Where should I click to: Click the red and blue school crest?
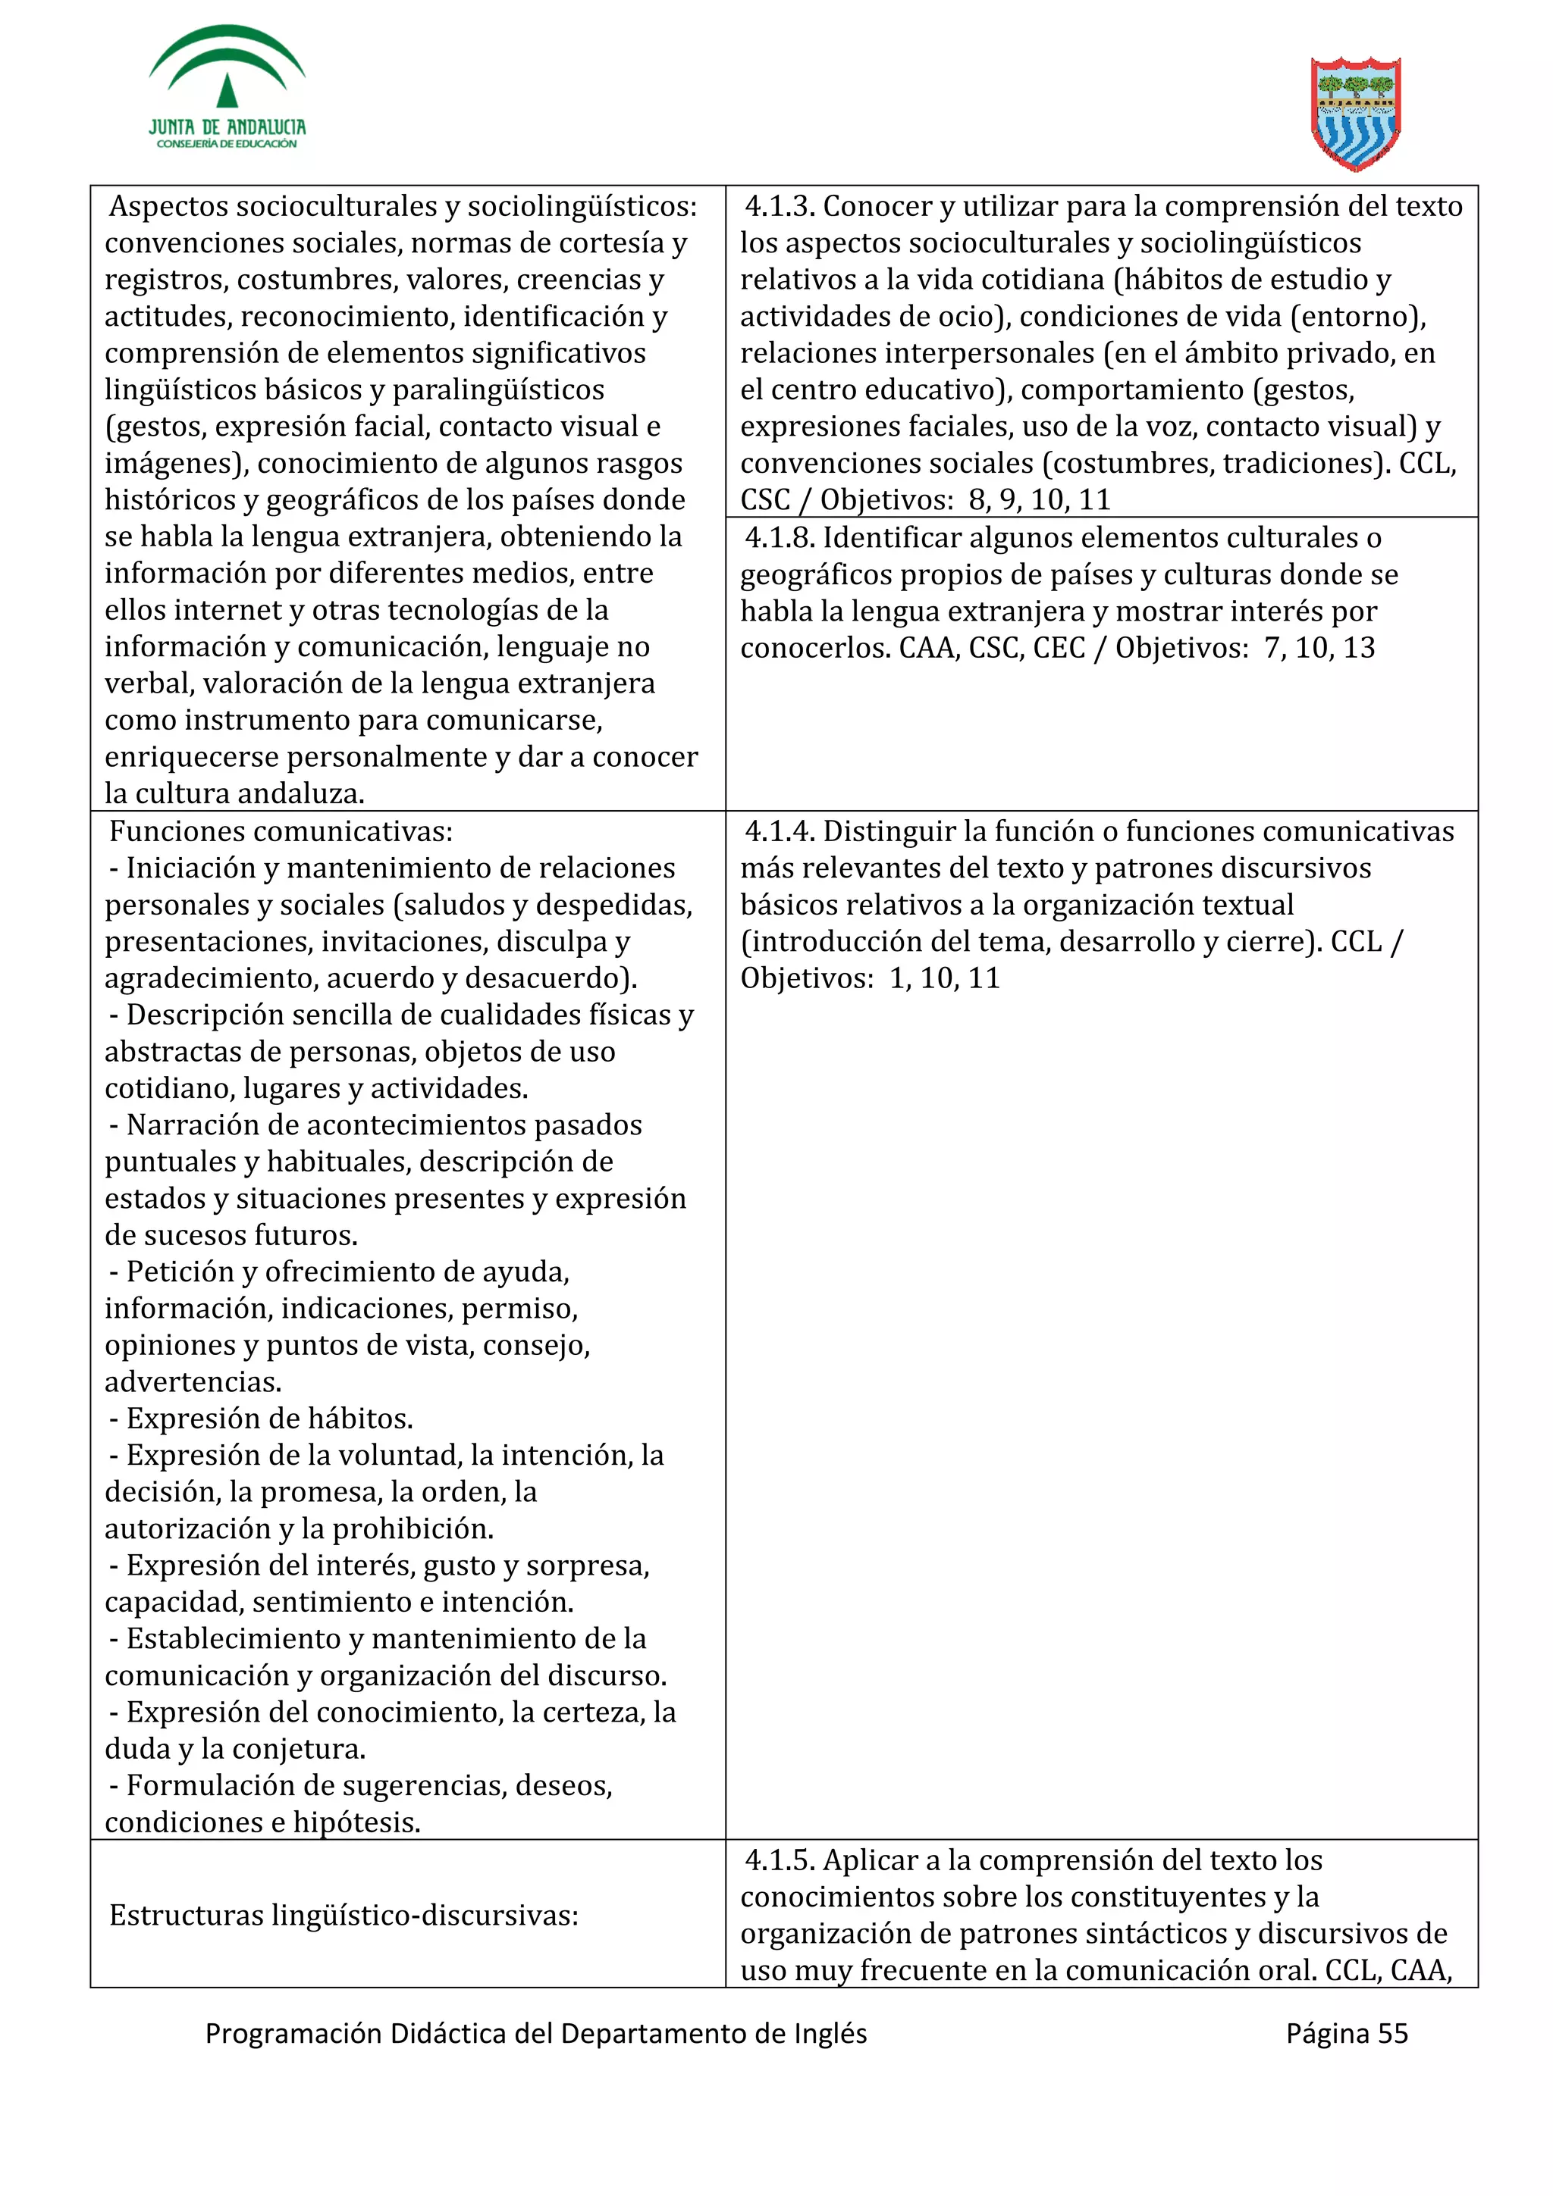(x=1355, y=114)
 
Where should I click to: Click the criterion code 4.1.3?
(x=779, y=207)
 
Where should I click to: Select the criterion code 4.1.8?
(x=779, y=539)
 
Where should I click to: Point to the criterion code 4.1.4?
(x=779, y=832)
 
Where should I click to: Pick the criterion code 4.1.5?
(x=779, y=1860)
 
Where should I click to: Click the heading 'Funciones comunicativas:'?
(x=281, y=832)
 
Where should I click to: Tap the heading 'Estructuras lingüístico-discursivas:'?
(x=344, y=1916)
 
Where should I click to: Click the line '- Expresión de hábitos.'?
(x=260, y=1419)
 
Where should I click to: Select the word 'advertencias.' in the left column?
(x=193, y=1382)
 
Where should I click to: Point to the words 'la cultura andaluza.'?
(x=234, y=794)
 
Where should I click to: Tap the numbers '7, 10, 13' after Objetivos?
(x=1319, y=649)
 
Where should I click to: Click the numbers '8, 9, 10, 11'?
(x=1039, y=500)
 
